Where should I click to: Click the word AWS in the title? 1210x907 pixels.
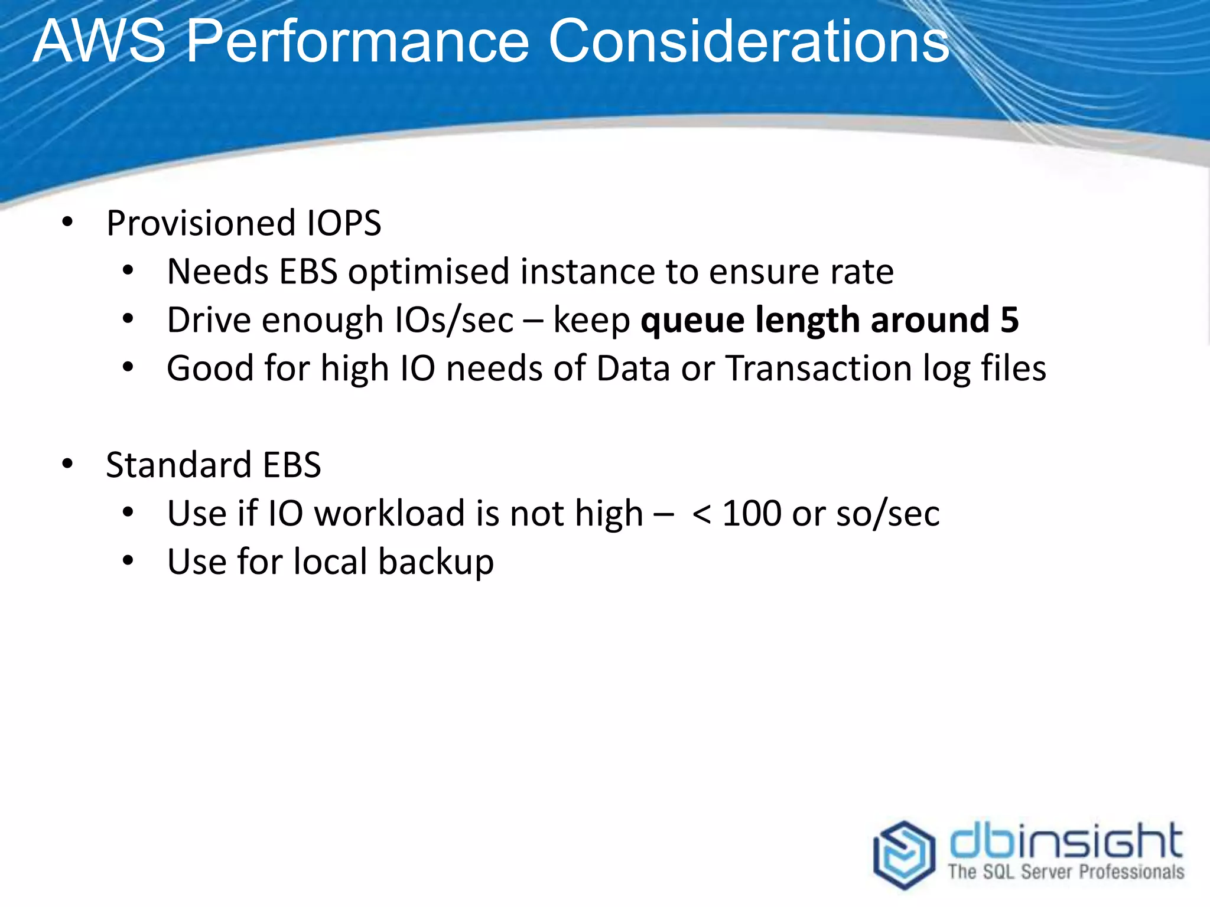coord(99,41)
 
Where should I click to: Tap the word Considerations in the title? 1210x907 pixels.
coord(748,41)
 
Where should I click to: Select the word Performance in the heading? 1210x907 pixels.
coord(357,41)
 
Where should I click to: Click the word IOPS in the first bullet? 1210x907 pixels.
coord(344,223)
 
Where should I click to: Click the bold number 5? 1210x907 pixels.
coord(1009,320)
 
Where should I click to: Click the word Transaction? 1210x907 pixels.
coord(819,368)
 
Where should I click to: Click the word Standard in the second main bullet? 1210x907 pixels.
coord(179,465)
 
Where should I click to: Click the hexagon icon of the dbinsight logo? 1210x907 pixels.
coord(904,854)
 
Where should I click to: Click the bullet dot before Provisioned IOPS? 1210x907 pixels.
coord(67,223)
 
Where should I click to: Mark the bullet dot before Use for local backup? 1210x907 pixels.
coord(128,561)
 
